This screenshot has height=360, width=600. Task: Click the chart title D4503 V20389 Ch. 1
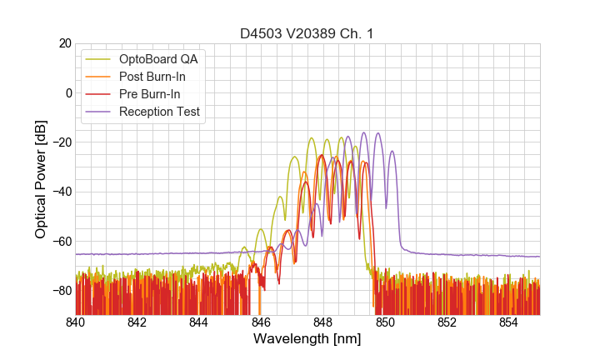click(307, 33)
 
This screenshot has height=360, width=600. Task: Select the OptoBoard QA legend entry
click(158, 59)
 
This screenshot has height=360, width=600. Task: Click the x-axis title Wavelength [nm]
click(307, 340)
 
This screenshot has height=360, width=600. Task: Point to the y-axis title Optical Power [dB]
click(41, 179)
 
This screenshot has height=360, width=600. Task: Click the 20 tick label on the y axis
click(63, 43)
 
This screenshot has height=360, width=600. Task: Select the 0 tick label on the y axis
click(67, 92)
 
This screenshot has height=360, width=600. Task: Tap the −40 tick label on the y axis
click(61, 192)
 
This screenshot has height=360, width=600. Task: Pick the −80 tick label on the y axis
click(61, 291)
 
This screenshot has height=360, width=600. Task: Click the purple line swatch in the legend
click(98, 112)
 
